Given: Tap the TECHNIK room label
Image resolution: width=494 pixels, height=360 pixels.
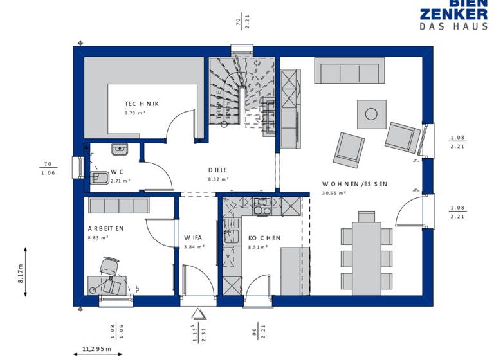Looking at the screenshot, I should pos(142,104).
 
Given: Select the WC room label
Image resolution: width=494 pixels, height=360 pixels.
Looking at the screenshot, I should pos(117,172).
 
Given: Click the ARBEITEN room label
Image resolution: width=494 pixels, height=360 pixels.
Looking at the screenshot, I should pos(106,228).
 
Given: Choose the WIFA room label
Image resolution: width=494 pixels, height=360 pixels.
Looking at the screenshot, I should pos(194,237).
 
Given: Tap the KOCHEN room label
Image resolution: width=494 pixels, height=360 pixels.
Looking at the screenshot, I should pos(264,238).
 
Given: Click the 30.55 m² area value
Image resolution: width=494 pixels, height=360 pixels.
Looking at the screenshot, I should pos(334,192).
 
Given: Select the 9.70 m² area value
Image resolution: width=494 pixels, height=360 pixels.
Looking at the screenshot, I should pos(135,113).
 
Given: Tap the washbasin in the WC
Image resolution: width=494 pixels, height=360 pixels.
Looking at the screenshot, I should pos(120,150).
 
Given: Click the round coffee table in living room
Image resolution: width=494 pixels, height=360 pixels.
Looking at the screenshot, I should pos(371,114).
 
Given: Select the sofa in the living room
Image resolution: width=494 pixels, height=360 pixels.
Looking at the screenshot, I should pos(349,70).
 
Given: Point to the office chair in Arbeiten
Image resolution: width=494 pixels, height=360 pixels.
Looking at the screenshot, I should pos(111,267).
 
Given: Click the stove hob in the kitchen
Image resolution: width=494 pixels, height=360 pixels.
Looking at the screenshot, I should pos(262,206).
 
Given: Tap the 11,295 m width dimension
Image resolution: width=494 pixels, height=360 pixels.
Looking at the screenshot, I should pos(96,349).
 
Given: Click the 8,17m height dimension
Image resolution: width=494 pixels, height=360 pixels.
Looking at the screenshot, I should pos(21,273).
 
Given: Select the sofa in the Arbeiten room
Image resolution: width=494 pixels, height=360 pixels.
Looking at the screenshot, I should pos(119,206).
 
